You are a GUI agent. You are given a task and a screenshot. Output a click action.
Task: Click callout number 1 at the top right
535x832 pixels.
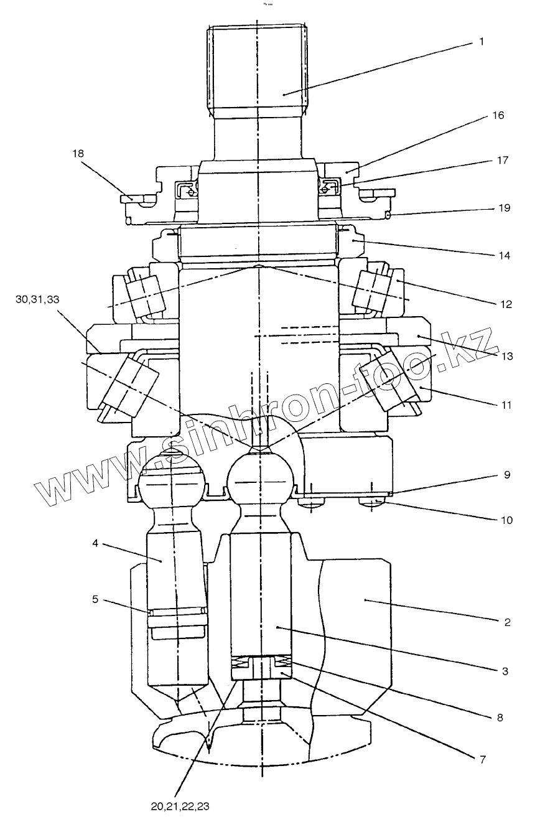click(x=481, y=42)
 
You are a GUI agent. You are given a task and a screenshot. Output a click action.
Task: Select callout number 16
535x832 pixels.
click(x=497, y=116)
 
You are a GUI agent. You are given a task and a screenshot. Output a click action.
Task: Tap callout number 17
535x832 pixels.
click(x=502, y=161)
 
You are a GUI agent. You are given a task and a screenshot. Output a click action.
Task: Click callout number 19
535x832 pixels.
click(x=503, y=207)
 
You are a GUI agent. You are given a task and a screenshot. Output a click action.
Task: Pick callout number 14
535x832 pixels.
click(x=505, y=255)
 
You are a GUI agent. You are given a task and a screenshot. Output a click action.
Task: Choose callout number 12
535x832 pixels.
click(x=505, y=304)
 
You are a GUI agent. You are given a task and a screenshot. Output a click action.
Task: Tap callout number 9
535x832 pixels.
click(x=507, y=474)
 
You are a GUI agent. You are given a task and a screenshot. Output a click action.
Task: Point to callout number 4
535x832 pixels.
click(x=95, y=543)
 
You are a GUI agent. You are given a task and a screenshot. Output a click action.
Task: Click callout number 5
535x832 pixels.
click(x=95, y=600)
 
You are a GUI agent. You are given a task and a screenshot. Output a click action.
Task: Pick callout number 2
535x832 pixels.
click(x=507, y=622)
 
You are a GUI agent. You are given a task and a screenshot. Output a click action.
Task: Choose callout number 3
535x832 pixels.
click(x=506, y=671)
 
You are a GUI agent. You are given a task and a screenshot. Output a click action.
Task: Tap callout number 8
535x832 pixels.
click(x=499, y=717)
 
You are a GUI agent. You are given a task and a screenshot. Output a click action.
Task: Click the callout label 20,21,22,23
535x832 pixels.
click(x=180, y=806)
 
